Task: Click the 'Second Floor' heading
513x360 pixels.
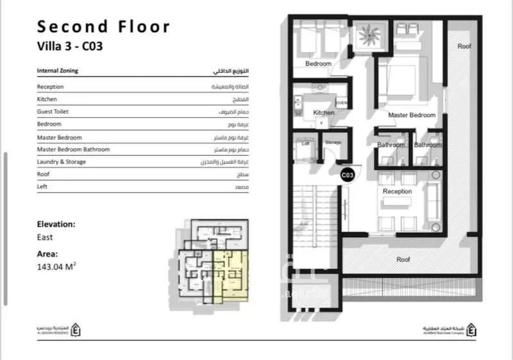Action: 103,26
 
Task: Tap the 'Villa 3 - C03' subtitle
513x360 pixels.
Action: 69,46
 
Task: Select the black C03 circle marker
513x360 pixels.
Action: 348,174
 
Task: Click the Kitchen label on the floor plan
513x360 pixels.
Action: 324,113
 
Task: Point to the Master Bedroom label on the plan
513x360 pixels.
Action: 412,116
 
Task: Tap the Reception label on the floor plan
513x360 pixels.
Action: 397,192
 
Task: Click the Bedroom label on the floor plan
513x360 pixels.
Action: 318,64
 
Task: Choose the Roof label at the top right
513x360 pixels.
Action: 464,46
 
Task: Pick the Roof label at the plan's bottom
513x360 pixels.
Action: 403,260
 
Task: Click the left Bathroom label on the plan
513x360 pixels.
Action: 391,145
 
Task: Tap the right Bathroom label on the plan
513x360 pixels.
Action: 428,145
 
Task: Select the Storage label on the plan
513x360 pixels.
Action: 333,142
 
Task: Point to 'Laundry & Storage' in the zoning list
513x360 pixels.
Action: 62,162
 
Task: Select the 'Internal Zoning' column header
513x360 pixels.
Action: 58,71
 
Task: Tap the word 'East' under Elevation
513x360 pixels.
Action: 45,237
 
